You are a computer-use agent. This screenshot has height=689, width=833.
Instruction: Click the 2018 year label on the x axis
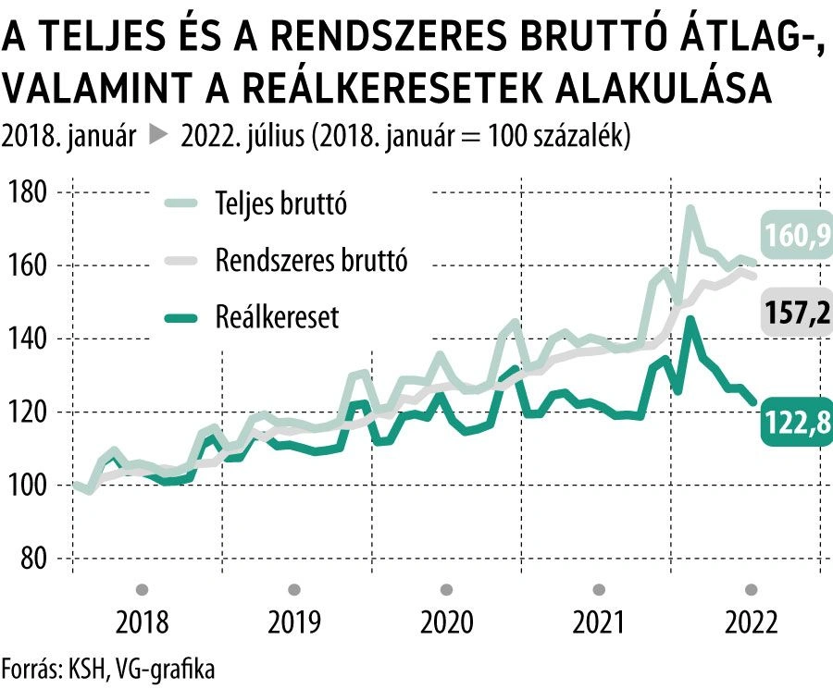pyautogui.click(x=143, y=622)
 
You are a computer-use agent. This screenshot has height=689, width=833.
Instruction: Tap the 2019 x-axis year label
pyautogui.click(x=294, y=622)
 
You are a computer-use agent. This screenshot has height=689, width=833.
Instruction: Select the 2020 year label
pyautogui.click(x=447, y=622)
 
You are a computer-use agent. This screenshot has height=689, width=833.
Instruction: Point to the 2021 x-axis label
pyautogui.click(x=599, y=622)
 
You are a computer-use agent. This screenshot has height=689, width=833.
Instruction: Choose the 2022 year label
pyautogui.click(x=752, y=622)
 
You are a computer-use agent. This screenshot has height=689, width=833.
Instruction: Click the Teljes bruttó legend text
pyautogui.click(x=280, y=203)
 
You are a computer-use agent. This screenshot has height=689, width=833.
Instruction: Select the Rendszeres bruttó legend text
pyautogui.click(x=311, y=261)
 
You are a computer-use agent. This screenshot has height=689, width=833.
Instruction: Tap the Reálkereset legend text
pyautogui.click(x=277, y=318)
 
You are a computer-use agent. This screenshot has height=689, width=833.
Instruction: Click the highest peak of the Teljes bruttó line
pyautogui.click(x=690, y=210)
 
